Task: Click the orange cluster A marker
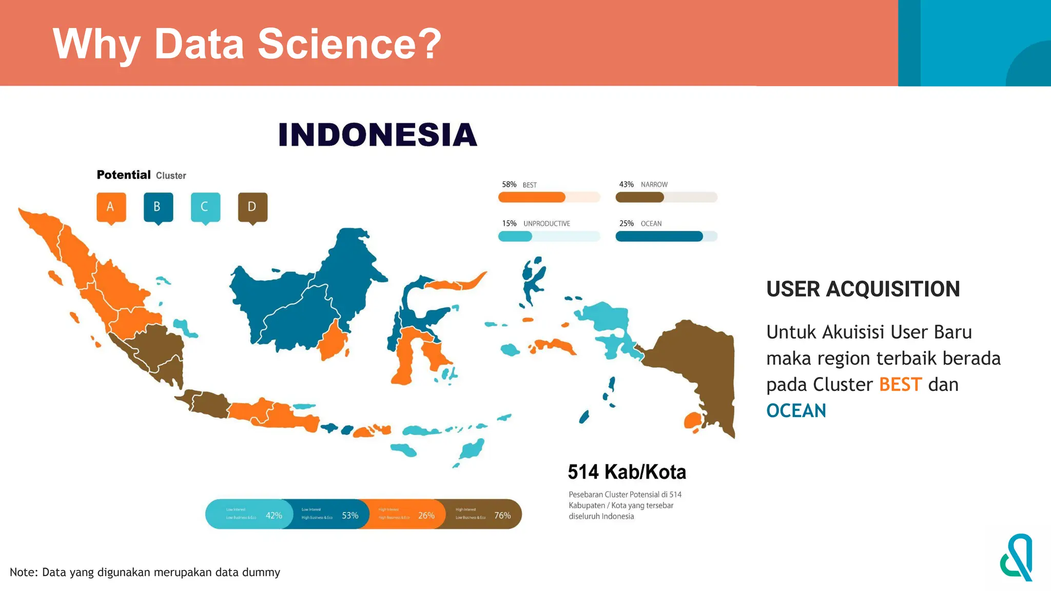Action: (111, 207)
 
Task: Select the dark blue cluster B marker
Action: (158, 207)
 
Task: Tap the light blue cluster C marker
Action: (205, 207)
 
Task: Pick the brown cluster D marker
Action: (252, 207)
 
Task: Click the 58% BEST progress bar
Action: (549, 197)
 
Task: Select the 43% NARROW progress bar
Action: (666, 197)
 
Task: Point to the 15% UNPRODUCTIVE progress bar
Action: (549, 237)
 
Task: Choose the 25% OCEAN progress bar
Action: (666, 237)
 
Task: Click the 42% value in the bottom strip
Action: (274, 515)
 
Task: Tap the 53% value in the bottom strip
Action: (350, 515)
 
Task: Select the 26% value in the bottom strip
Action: (426, 515)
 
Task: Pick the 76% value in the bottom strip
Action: (502, 515)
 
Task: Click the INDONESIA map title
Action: (378, 135)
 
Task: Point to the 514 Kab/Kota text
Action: (627, 472)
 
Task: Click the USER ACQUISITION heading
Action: (863, 289)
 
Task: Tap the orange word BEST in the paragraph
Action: (900, 385)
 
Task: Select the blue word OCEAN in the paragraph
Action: (796, 411)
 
